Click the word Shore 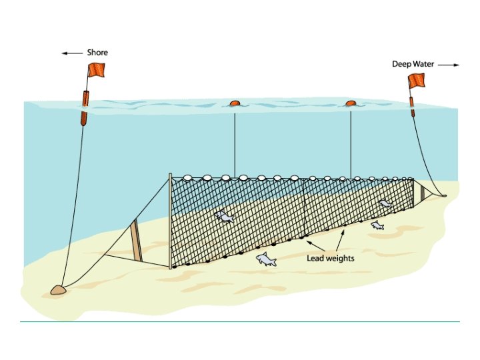97,53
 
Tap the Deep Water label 413,64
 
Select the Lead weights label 331,258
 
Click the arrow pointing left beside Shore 73,53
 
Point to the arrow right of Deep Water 451,65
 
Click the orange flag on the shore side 96,69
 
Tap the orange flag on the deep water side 417,81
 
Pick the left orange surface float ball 234,103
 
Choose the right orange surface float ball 351,103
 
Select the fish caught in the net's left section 224,217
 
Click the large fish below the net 267,259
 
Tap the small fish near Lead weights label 377,226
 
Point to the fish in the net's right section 385,203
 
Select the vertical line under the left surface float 234,140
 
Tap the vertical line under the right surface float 351,140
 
